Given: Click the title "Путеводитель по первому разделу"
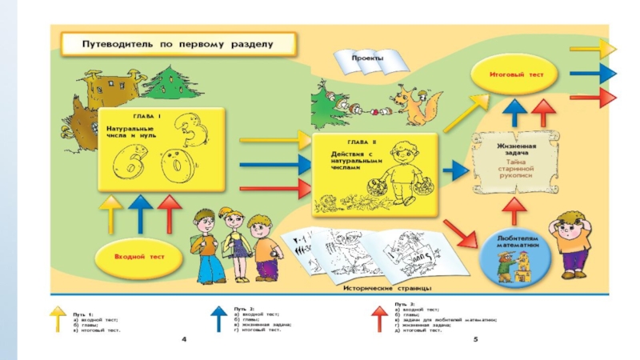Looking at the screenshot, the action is [178, 43].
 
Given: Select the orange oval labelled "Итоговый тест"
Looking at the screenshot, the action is [516, 74].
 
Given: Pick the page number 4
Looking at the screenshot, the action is [184, 342].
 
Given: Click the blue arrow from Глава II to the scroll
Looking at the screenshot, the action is [456, 170].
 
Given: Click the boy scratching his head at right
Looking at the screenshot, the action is [574, 240].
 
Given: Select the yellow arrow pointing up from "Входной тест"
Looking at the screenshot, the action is [111, 214].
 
